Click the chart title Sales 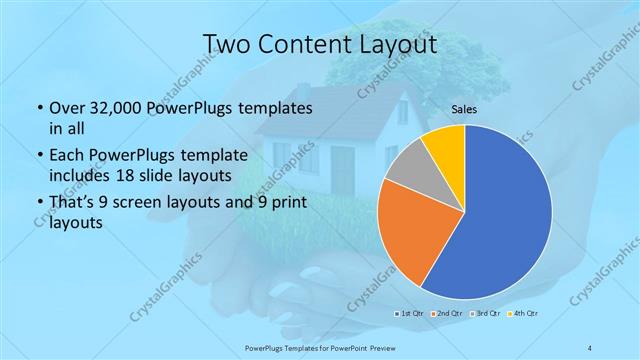click(464, 109)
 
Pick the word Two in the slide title click(226, 45)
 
